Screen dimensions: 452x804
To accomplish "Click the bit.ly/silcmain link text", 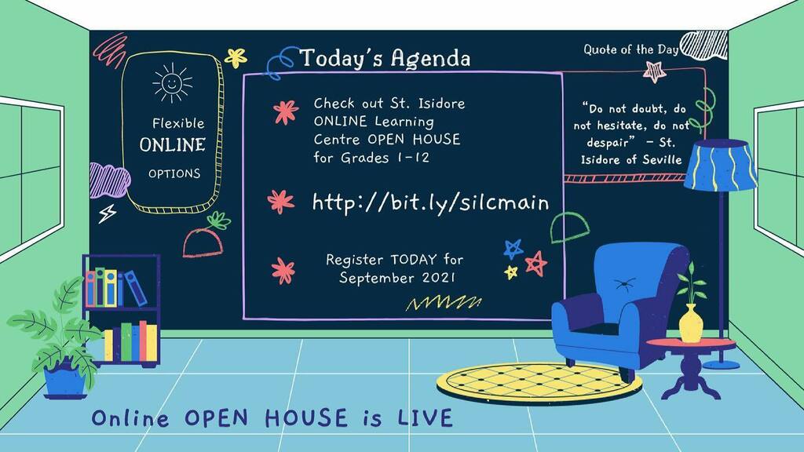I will (430, 202).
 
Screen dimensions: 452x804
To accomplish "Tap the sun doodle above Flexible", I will (173, 82).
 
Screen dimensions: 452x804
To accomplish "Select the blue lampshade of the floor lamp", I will (720, 166).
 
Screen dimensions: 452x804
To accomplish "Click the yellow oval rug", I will (539, 381).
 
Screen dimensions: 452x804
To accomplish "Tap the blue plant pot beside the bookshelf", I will (65, 380).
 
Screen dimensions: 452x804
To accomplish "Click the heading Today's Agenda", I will (385, 58).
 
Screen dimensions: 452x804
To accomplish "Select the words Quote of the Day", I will (630, 49).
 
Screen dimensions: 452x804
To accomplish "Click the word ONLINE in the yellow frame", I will (173, 145).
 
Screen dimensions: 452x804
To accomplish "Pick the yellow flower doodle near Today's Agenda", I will (236, 57).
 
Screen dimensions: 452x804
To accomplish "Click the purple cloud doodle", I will (108, 180).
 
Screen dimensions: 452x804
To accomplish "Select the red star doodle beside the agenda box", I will (536, 263).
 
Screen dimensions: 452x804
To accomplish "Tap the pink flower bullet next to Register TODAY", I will (283, 271).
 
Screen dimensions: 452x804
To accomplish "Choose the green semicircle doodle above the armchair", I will (566, 228).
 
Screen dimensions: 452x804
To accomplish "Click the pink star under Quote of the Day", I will (654, 71).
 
